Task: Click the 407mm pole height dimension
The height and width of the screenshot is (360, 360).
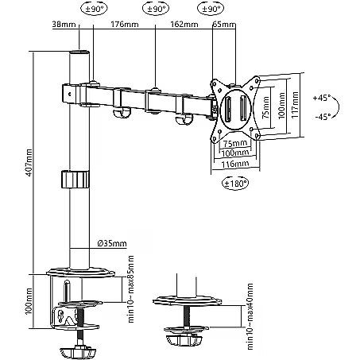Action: click(x=29, y=162)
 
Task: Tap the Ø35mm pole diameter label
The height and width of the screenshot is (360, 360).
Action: click(x=112, y=243)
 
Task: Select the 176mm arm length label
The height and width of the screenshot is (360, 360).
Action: click(x=125, y=24)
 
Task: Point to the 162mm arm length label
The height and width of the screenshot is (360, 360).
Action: click(x=184, y=24)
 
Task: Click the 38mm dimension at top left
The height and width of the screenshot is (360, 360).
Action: click(x=64, y=24)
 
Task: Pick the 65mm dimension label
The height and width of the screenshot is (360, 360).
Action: click(x=224, y=24)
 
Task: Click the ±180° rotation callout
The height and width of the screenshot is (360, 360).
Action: click(x=235, y=183)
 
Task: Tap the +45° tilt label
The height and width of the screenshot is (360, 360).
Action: click(x=322, y=98)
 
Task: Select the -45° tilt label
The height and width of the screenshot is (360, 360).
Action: click(x=323, y=117)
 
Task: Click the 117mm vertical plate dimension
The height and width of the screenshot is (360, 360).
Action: click(x=296, y=105)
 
